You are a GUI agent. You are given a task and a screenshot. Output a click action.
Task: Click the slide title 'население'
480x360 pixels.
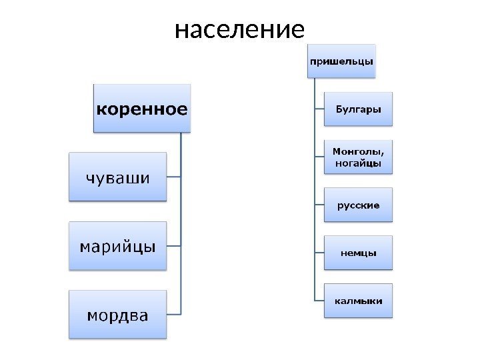click(239, 30)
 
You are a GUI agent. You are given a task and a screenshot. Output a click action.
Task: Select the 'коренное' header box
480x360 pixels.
click(141, 108)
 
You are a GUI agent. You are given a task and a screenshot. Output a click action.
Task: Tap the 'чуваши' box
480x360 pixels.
click(117, 177)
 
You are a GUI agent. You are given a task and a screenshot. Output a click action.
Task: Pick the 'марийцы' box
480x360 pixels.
click(117, 246)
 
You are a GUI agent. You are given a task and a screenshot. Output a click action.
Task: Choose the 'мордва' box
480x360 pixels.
click(117, 314)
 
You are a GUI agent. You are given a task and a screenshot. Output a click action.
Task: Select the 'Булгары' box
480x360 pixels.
click(358, 109)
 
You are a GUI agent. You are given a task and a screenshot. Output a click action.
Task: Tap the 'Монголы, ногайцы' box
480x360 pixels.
click(358, 157)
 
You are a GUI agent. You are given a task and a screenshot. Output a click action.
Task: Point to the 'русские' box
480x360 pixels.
click(358, 205)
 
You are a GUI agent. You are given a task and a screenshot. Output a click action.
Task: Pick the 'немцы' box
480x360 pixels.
click(358, 253)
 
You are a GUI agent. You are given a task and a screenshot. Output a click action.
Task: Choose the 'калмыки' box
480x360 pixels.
click(358, 301)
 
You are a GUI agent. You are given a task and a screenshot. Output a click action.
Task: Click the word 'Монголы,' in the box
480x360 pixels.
click(358, 151)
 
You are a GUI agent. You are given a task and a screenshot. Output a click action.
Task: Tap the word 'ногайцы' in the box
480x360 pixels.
click(358, 163)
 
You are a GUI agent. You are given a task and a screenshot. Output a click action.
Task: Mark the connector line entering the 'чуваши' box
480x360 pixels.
click(173, 177)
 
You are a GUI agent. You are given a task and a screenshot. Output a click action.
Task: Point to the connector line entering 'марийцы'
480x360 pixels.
click(173, 246)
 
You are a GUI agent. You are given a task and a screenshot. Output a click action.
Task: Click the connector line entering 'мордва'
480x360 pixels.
click(173, 313)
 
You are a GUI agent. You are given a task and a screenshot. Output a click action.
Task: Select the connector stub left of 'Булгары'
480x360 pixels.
click(319, 109)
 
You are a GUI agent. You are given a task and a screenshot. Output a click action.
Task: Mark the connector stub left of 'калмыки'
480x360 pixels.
click(319, 301)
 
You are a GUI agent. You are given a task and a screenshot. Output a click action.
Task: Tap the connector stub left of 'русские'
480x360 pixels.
click(319, 205)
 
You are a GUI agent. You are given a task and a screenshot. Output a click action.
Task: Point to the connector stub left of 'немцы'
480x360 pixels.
click(319, 253)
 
